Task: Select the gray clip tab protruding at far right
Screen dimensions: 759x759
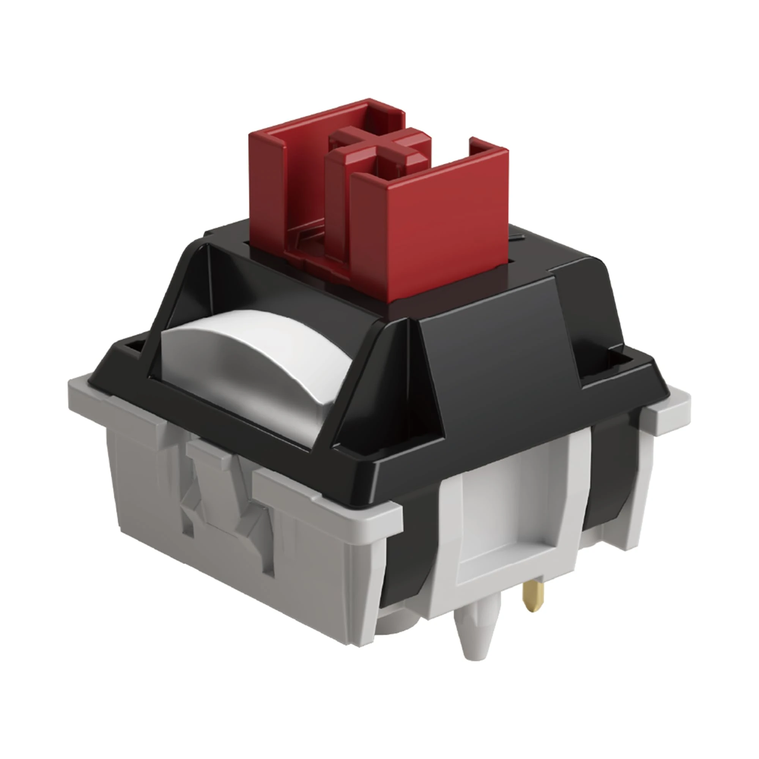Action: [668, 416]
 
